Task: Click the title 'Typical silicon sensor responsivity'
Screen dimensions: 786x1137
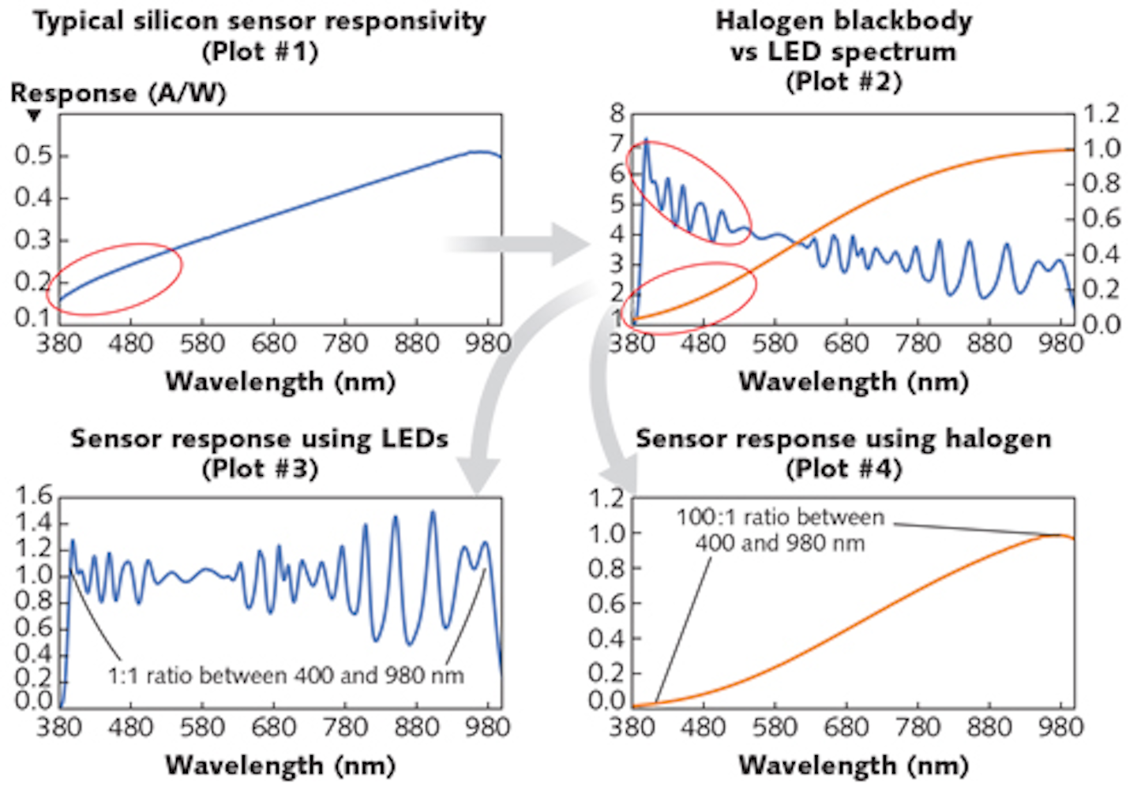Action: [x=259, y=21]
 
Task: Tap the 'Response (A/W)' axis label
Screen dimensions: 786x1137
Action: [x=118, y=93]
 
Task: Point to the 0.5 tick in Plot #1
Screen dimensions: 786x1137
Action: [x=33, y=155]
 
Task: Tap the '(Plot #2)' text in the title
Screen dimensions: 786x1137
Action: [x=843, y=81]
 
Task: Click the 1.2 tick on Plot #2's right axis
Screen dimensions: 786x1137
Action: [x=1101, y=114]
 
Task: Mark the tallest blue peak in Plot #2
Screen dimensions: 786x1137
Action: [x=647, y=140]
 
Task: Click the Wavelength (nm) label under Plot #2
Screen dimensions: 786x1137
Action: [x=853, y=382]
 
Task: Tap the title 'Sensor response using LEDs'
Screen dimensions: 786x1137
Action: [x=259, y=438]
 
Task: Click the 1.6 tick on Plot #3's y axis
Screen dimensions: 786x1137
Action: [x=33, y=496]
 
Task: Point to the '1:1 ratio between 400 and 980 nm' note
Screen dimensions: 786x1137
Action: [x=286, y=676]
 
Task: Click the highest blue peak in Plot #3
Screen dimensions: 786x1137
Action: [x=432, y=513]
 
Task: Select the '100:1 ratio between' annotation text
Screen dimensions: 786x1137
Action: [x=780, y=518]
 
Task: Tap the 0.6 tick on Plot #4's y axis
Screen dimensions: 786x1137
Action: [x=606, y=604]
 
